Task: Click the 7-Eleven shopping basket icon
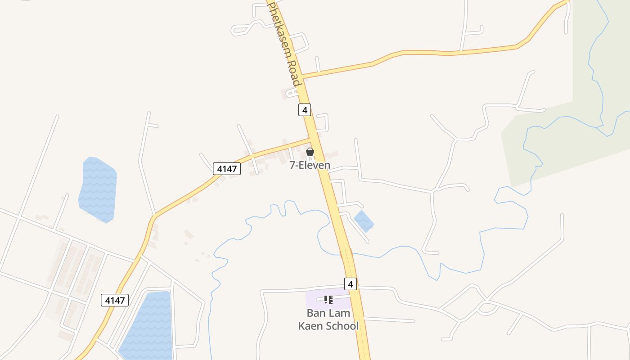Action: [x=310, y=152]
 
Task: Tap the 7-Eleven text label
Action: [x=310, y=165]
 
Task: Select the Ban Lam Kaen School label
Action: [x=328, y=319]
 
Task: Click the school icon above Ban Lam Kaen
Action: [x=328, y=299]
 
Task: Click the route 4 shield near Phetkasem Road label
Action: [x=305, y=109]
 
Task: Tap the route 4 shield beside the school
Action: [x=351, y=284]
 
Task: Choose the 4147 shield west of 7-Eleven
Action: [x=227, y=169]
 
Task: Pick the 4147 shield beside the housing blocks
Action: [x=115, y=300]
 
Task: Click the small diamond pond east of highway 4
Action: [x=364, y=221]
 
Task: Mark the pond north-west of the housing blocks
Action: [x=98, y=189]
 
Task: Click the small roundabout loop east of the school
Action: [x=486, y=308]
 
